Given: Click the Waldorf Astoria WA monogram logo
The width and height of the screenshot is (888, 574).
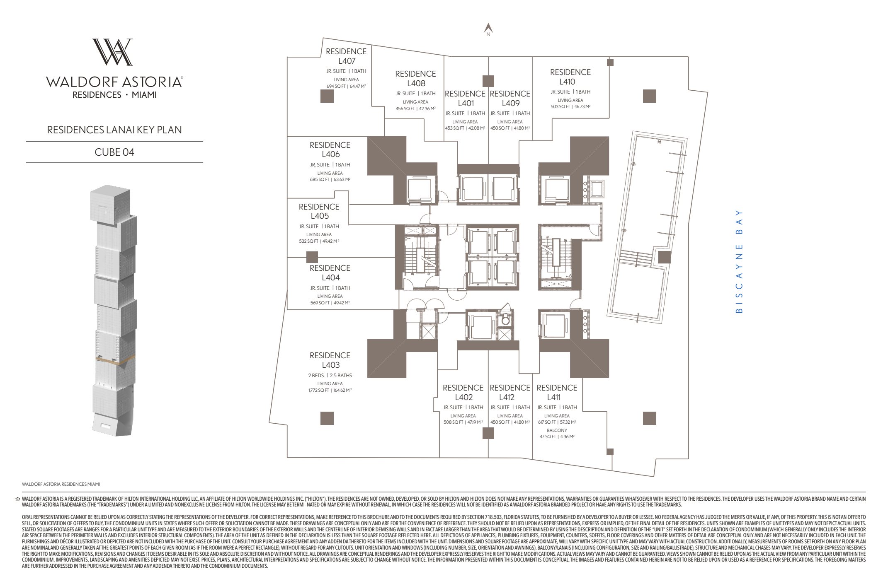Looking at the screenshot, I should pyautogui.click(x=112, y=52).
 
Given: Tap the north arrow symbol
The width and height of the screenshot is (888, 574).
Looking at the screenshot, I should pyautogui.click(x=488, y=29).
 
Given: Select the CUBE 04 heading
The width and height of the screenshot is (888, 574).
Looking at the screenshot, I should pyautogui.click(x=114, y=152).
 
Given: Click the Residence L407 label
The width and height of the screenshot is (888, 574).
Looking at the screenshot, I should pyautogui.click(x=346, y=56).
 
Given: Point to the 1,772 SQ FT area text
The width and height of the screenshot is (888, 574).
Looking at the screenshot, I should pyautogui.click(x=330, y=390).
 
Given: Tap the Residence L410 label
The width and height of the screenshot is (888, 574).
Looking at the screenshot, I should pyautogui.click(x=570, y=77).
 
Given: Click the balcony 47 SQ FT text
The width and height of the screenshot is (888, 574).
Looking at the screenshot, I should pyautogui.click(x=556, y=437).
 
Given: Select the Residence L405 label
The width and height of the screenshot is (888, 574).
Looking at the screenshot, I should pyautogui.click(x=319, y=211).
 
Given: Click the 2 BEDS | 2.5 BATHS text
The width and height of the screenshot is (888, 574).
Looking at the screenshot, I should pyautogui.click(x=330, y=375).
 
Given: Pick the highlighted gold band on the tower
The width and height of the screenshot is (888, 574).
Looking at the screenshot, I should pyautogui.click(x=115, y=360).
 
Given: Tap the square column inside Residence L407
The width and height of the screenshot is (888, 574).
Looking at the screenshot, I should pyautogui.click(x=327, y=96).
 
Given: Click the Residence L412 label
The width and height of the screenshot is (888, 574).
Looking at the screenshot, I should pyautogui.click(x=510, y=392).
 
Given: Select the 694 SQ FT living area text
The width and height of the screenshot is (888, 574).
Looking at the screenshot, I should pyautogui.click(x=346, y=86).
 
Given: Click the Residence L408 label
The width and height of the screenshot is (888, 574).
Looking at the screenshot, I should pyautogui.click(x=415, y=78).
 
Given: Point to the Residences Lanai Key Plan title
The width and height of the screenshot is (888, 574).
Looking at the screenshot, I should pyautogui.click(x=114, y=130).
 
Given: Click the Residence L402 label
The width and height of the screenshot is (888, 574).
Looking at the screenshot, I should pyautogui.click(x=463, y=392).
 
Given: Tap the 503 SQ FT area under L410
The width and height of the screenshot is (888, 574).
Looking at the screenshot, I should pyautogui.click(x=570, y=106).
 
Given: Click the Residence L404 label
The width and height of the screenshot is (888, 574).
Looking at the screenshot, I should pyautogui.click(x=330, y=273).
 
